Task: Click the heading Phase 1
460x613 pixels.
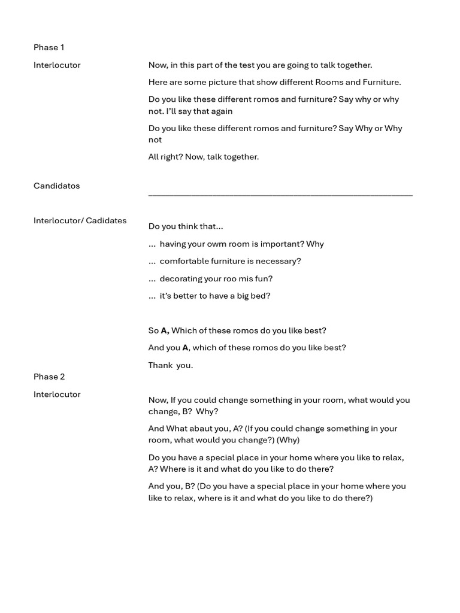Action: click(x=49, y=47)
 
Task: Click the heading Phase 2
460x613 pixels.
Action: click(x=49, y=377)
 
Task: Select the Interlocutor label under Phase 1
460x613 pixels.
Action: click(x=57, y=65)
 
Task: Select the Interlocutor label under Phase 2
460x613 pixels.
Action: click(x=57, y=394)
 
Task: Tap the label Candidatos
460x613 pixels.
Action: click(x=56, y=186)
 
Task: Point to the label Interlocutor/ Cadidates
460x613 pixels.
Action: click(x=80, y=220)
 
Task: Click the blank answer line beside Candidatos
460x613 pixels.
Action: click(x=280, y=194)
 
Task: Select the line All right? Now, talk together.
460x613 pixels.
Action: click(x=204, y=157)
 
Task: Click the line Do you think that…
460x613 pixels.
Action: click(x=186, y=226)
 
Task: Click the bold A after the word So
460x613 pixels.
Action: click(x=165, y=330)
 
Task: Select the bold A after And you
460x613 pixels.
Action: click(x=186, y=348)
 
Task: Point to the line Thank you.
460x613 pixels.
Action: click(x=171, y=365)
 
